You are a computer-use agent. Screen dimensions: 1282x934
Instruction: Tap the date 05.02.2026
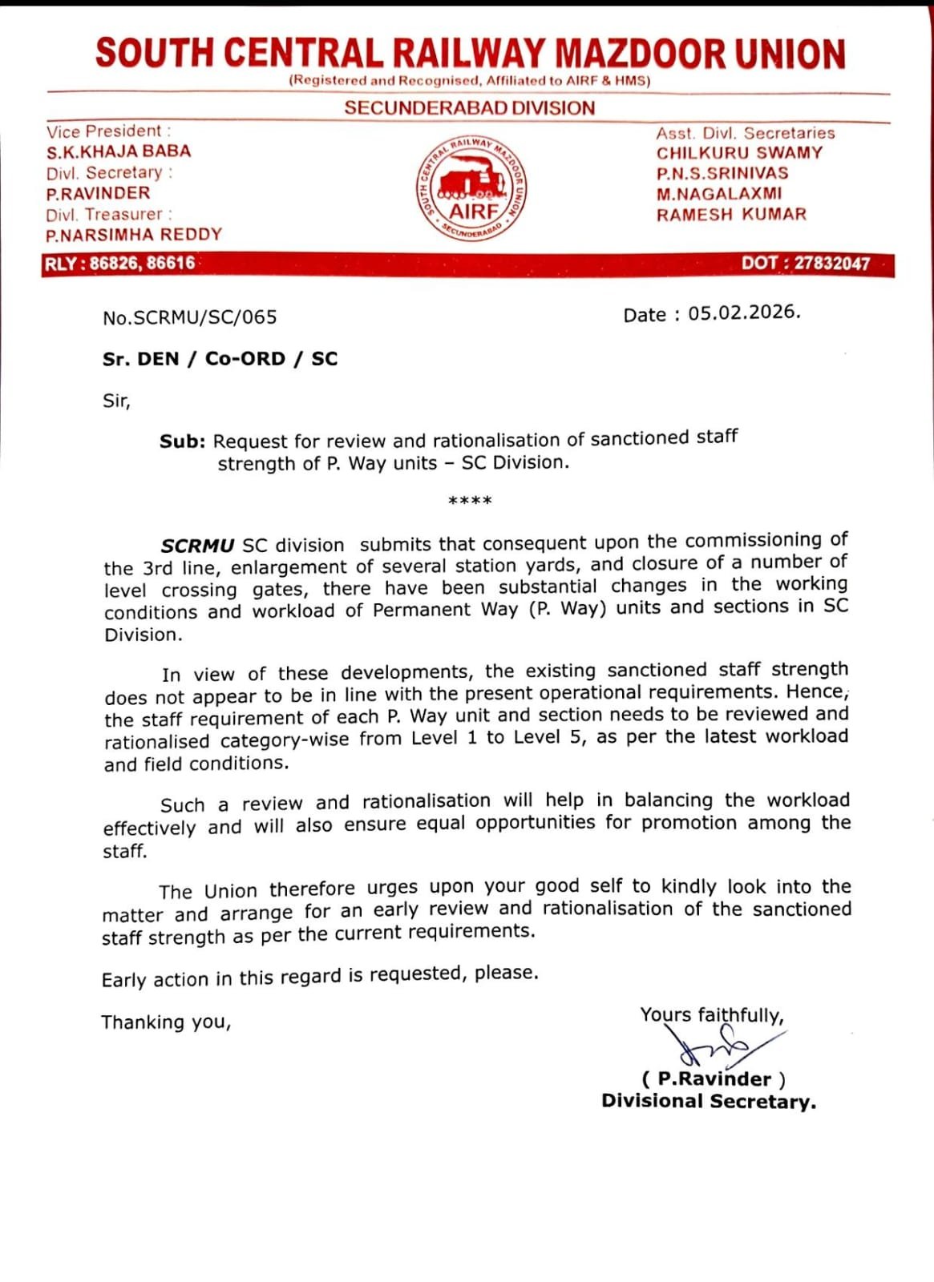tap(744, 313)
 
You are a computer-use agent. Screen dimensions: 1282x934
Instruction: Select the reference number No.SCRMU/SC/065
tap(190, 317)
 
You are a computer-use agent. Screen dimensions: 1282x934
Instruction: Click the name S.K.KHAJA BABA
tap(119, 151)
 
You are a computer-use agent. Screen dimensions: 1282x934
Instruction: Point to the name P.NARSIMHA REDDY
tap(134, 235)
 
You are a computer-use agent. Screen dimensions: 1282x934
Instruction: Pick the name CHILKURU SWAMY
tap(739, 153)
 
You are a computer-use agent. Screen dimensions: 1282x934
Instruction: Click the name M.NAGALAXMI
tap(719, 194)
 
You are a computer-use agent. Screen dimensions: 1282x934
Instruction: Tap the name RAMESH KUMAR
tap(731, 215)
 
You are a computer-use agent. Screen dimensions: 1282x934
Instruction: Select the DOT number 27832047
tap(831, 264)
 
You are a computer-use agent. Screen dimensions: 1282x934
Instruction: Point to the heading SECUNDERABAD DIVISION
tap(470, 108)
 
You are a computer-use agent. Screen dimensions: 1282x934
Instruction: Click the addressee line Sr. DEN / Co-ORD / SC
tap(220, 359)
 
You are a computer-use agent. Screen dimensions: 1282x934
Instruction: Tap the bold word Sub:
tap(183, 441)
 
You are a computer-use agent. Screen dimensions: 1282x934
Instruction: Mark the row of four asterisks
tap(470, 502)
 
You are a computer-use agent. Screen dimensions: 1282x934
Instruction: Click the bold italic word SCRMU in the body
tap(197, 546)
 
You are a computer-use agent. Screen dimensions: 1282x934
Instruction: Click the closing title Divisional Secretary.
tap(709, 1102)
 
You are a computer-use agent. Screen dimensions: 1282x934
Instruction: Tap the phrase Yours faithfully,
tap(712, 1015)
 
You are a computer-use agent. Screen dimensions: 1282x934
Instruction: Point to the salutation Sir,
tap(116, 401)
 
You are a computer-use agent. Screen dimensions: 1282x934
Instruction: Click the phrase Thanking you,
tap(166, 1022)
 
